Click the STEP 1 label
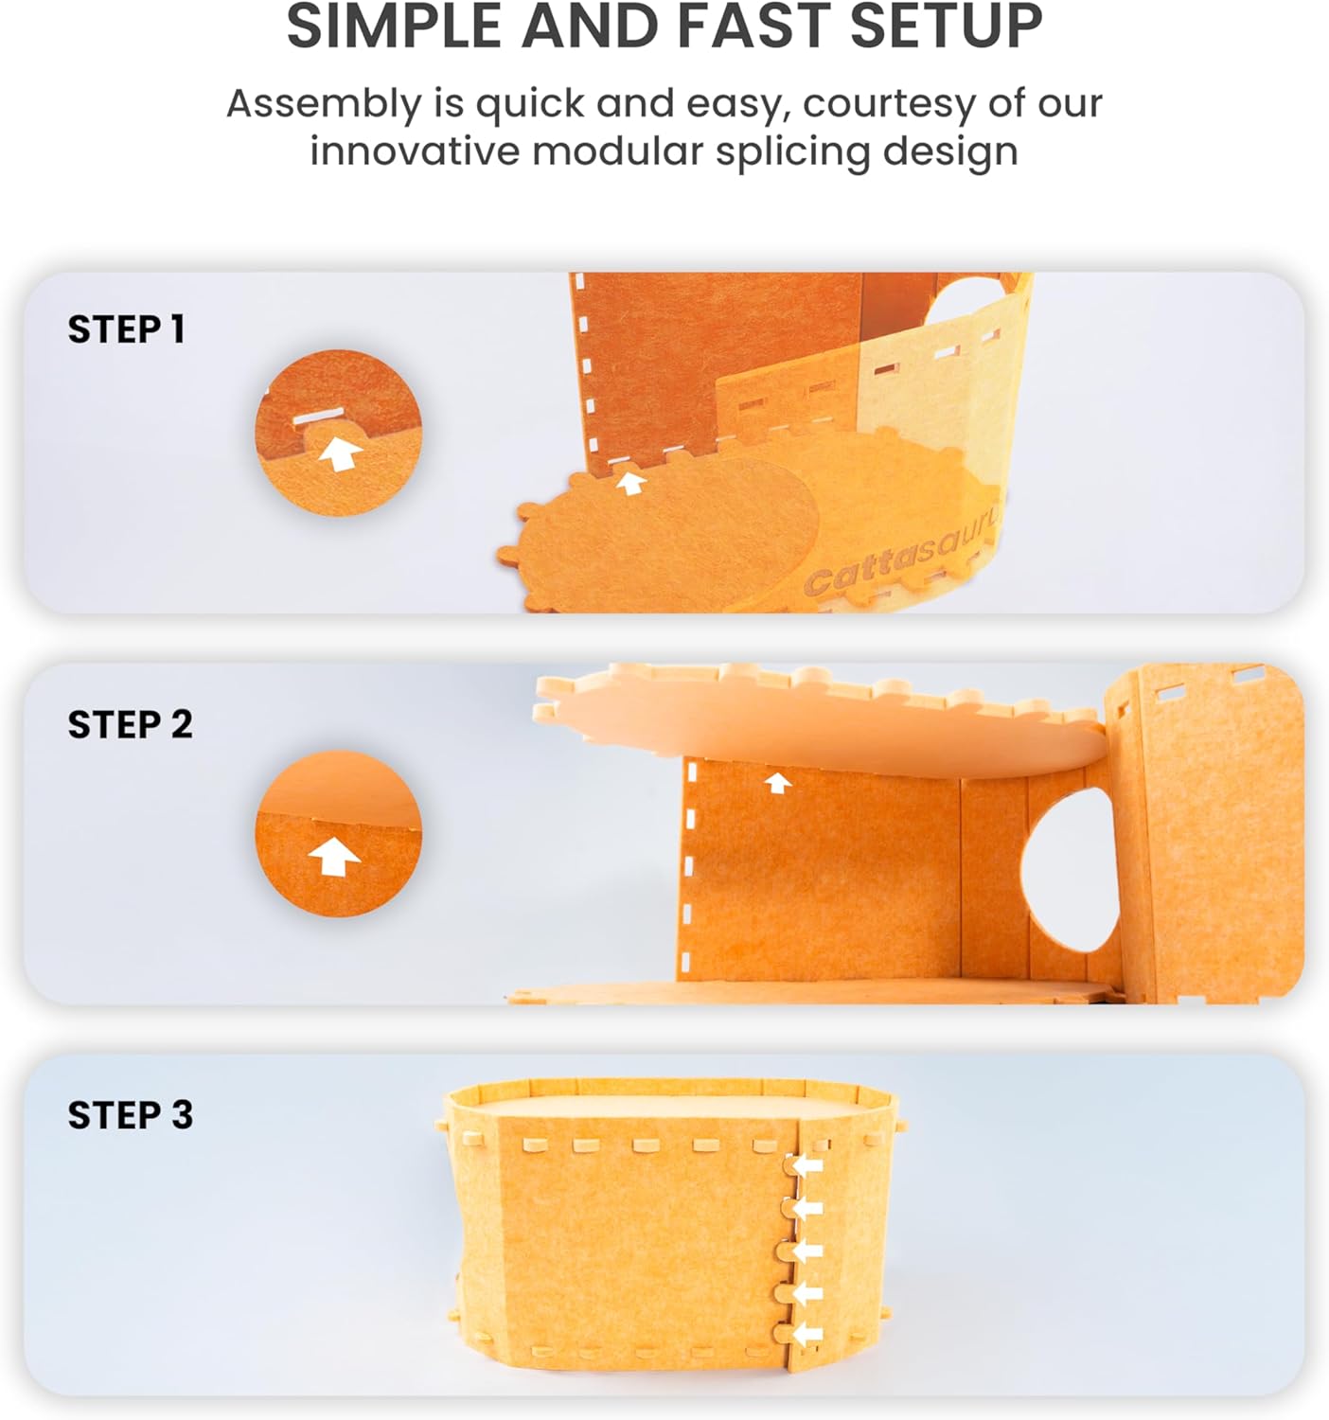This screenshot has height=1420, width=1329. tap(127, 329)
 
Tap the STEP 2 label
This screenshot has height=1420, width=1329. tap(131, 725)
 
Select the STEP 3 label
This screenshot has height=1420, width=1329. tap(131, 1114)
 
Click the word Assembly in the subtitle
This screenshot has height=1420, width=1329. tap(324, 104)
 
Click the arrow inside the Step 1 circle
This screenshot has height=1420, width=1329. tap(340, 454)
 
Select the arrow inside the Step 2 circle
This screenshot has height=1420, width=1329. tap(334, 858)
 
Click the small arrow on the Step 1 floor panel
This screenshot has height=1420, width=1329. tap(630, 483)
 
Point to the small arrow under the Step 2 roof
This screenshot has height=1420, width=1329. tap(777, 783)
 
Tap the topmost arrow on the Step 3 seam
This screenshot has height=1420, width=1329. tap(807, 1166)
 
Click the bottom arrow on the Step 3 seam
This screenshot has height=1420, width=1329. tap(807, 1334)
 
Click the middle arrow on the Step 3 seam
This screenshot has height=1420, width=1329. tap(807, 1251)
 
